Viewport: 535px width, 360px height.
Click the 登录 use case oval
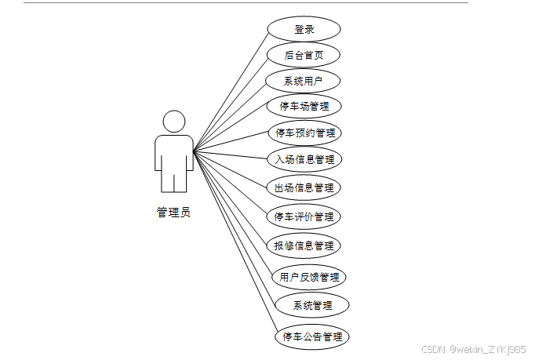304,30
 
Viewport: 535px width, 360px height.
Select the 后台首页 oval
304,55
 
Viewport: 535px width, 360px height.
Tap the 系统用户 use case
303,80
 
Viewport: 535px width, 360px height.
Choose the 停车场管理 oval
304,105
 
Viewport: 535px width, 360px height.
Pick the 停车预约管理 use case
305,132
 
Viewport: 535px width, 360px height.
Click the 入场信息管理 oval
304,159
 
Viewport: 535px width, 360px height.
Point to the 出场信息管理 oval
304,187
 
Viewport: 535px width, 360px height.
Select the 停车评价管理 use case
304,216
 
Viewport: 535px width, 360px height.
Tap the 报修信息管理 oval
304,245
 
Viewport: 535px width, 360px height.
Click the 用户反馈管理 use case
309,276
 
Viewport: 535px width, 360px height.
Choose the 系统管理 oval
312,305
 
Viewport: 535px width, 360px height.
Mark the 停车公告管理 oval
312,336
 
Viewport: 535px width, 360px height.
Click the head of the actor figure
174,122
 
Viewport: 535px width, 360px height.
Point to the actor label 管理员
173,212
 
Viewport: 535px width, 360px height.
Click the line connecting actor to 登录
231,89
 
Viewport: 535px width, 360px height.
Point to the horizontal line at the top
235,2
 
